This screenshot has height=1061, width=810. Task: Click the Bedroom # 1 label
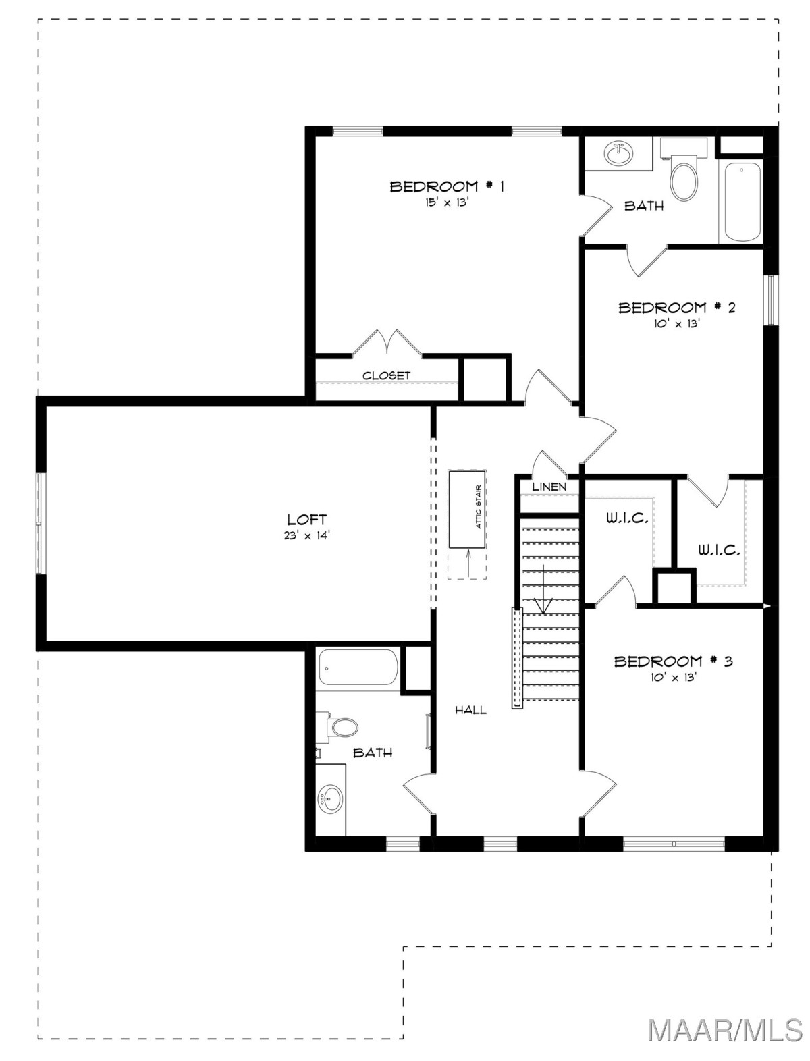click(x=447, y=186)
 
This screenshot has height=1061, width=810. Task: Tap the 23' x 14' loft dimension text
click(x=307, y=535)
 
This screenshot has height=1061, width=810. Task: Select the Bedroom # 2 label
click(x=676, y=307)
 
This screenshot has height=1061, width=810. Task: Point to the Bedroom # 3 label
click(x=673, y=661)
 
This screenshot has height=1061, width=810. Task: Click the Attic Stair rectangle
click(x=467, y=508)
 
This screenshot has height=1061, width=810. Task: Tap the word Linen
click(x=549, y=487)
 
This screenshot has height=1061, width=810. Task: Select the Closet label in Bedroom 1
click(x=386, y=375)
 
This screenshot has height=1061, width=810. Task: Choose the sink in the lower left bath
click(x=330, y=798)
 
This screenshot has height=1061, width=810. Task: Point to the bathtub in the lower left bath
click(x=358, y=668)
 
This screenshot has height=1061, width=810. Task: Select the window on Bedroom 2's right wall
click(x=771, y=300)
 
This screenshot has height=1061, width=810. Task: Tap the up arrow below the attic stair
click(x=468, y=563)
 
